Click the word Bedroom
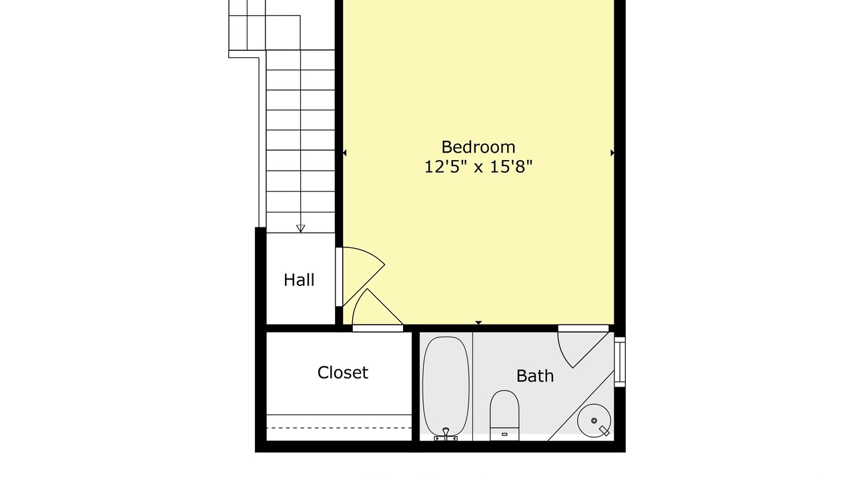[478, 147]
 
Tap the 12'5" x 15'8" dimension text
[478, 167]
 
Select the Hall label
[299, 280]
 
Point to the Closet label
[343, 373]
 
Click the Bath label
[535, 376]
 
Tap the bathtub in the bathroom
[446, 386]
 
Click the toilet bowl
[504, 409]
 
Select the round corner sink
[594, 421]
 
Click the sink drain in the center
[594, 421]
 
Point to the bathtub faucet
[446, 434]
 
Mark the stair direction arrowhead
[300, 229]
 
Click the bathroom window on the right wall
[620, 361]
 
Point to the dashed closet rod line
[339, 428]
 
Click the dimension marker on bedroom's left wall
[344, 153]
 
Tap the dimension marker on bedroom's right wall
[612, 153]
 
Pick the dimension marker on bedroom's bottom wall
[478, 323]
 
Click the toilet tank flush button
[504, 434]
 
